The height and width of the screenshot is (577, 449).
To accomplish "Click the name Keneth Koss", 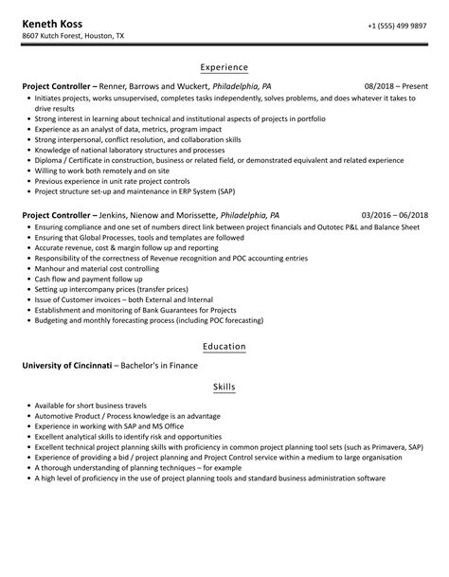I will [53, 22].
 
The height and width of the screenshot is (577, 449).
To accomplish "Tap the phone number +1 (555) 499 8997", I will [396, 24].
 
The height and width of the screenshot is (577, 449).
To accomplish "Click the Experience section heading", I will [224, 67].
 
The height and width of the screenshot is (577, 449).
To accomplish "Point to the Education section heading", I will [224, 347].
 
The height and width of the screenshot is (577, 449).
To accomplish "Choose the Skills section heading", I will [224, 388].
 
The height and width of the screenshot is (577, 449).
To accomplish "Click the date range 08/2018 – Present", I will [395, 85].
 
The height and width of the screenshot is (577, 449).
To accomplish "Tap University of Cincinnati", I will [68, 365].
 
